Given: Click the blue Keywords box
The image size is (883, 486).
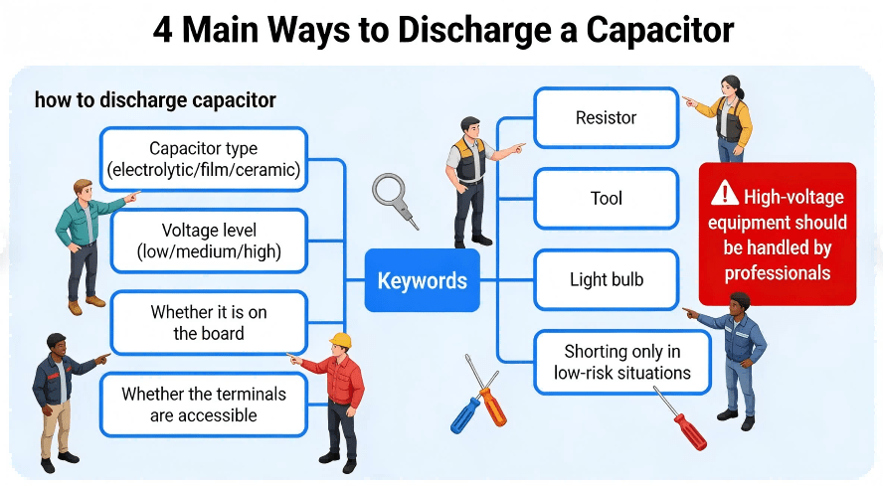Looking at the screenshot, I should click(x=422, y=280).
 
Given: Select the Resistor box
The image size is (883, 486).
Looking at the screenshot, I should click(x=606, y=118).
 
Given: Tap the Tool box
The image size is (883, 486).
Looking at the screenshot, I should click(x=606, y=199).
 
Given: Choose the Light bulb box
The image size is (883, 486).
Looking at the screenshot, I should click(x=606, y=279).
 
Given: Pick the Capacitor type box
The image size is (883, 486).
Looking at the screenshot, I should click(x=203, y=160).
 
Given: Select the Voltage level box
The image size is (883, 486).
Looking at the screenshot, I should click(x=209, y=242).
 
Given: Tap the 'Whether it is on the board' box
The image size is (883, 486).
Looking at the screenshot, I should click(x=209, y=323).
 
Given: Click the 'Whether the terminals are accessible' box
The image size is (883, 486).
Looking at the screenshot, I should click(x=203, y=405).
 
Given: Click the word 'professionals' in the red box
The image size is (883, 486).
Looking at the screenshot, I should click(x=778, y=272).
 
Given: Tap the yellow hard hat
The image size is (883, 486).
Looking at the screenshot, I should click(x=341, y=341).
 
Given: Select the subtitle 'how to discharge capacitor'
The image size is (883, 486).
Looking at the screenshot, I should click(x=155, y=100).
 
